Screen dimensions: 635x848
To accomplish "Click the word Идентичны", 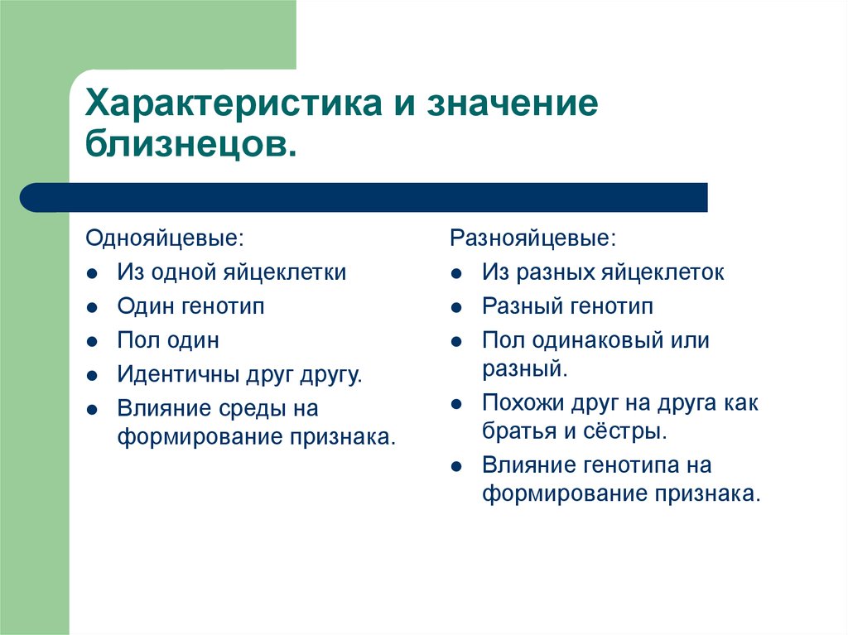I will pyautogui.click(x=176, y=374).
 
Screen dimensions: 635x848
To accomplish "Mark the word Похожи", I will pyautogui.click(x=518, y=403).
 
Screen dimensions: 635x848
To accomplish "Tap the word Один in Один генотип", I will pyautogui.click(x=145, y=306).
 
